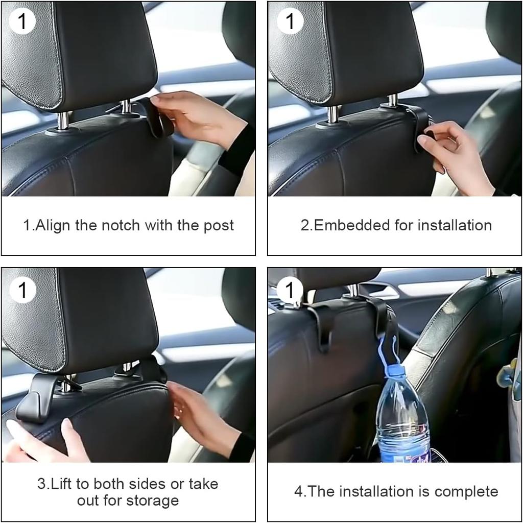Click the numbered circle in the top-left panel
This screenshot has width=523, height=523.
pos(22,21)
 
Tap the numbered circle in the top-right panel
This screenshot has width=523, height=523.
pos(290,21)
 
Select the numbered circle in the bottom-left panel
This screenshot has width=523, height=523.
pos(22,290)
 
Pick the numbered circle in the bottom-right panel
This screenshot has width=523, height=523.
pos(290,290)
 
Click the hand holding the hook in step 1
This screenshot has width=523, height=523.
pos(197,117)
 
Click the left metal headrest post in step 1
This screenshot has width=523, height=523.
pos(63,121)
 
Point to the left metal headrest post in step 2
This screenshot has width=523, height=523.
pos(332,114)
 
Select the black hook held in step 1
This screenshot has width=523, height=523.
pos(157,118)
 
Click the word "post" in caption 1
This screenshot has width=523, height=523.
pos(219,226)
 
